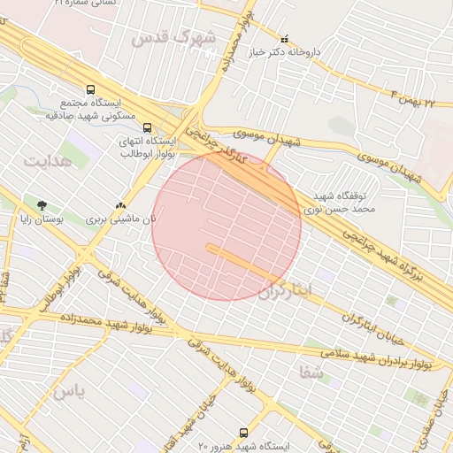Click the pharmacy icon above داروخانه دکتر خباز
[284, 40]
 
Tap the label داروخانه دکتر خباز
[312, 52]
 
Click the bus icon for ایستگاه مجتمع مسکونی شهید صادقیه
[90, 89]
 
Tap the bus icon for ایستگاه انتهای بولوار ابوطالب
[147, 127]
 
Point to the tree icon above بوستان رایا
[42, 205]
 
